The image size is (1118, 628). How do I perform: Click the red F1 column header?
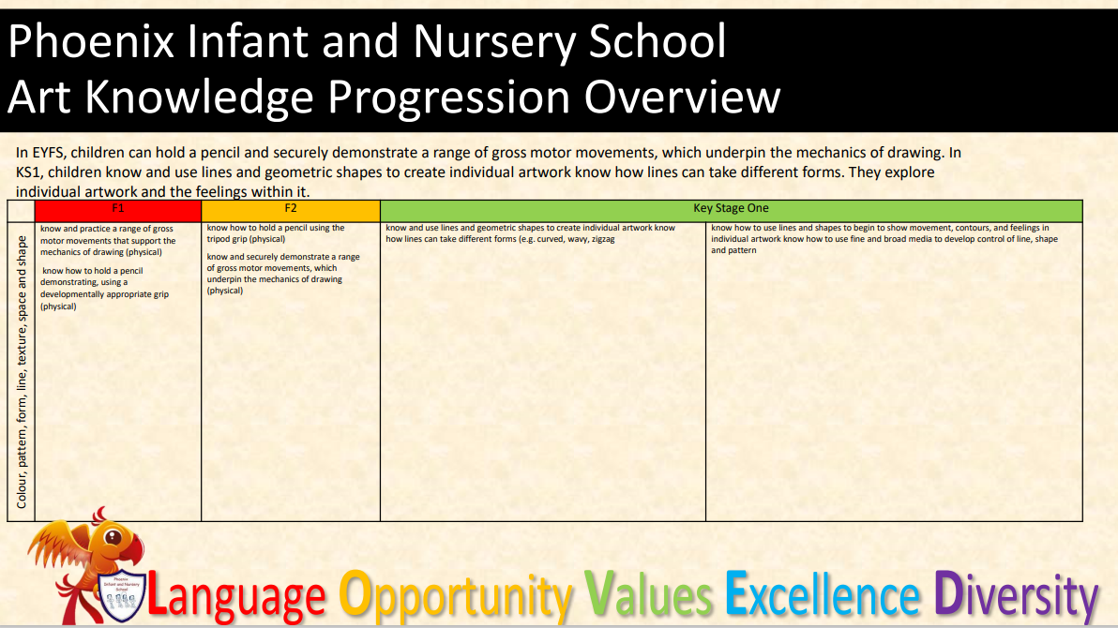pyautogui.click(x=117, y=211)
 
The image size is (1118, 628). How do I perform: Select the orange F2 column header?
pyautogui.click(x=291, y=211)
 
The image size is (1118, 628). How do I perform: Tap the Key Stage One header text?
pyautogui.click(x=731, y=208)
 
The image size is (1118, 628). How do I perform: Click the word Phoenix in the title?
pyautogui.click(x=91, y=41)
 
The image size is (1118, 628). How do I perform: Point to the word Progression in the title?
pyautogui.click(x=446, y=97)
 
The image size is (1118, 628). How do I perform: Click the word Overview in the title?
pyautogui.click(x=683, y=97)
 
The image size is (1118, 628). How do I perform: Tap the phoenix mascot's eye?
pyautogui.click(x=113, y=537)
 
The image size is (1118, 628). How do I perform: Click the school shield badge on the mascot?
pyautogui.click(x=123, y=594)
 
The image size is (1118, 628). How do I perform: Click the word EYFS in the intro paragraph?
pyautogui.click(x=49, y=153)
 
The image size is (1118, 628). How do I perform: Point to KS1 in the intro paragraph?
pyautogui.click(x=29, y=172)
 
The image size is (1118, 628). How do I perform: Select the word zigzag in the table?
pyautogui.click(x=603, y=240)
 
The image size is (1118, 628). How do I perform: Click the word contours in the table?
pyautogui.click(x=972, y=228)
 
